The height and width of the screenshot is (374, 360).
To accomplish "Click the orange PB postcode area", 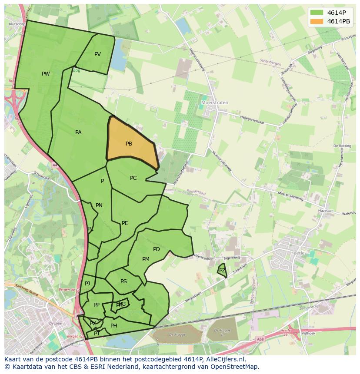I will coord(130,143).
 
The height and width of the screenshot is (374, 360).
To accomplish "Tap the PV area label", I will coord(97,54).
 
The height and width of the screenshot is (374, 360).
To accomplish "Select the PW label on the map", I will coord(46,74).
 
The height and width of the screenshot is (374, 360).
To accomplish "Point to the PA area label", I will coord(78,132).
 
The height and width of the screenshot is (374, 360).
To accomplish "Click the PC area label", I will coord(133,178).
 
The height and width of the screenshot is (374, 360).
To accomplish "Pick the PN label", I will coord(99,205).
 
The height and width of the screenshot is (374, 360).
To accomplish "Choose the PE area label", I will coord(125,223).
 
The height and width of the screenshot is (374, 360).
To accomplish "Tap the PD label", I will coord(157,249).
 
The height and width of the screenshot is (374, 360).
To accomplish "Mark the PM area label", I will coord(146,259).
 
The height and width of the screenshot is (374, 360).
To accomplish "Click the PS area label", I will coord(123,281).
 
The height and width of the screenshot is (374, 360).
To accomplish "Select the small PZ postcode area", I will coord(222,271).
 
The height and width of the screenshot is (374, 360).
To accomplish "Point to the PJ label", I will coord(87,284).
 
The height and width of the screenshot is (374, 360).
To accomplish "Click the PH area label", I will coord(114,326).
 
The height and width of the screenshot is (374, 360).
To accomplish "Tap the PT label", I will coord(97,334).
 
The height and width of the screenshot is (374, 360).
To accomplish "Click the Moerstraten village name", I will coord(215,103).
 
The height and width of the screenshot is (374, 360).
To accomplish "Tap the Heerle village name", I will coord(297,252).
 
